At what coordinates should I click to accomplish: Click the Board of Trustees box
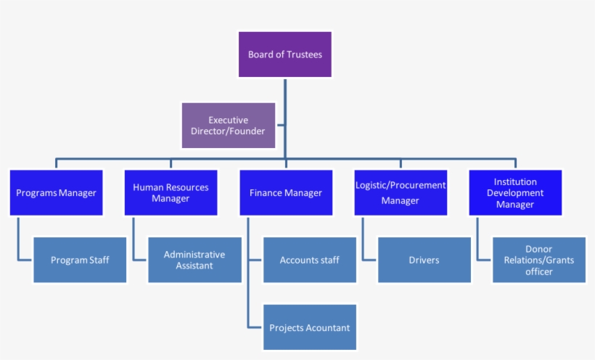285,54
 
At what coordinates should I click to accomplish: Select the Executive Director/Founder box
228,126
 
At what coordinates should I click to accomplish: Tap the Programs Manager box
56,193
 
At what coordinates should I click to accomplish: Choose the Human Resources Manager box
171,193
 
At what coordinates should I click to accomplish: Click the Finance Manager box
286,193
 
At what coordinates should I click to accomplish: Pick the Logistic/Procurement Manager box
401,193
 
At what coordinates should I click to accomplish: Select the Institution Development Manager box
515,193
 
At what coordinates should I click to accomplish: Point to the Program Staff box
80,260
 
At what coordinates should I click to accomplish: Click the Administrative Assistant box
194,260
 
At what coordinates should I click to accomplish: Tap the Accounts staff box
309,260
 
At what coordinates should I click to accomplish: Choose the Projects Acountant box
309,327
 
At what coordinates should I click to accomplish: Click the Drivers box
424,260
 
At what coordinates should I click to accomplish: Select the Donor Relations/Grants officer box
539,260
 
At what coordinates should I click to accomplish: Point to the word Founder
247,131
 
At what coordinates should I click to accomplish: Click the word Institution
515,182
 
